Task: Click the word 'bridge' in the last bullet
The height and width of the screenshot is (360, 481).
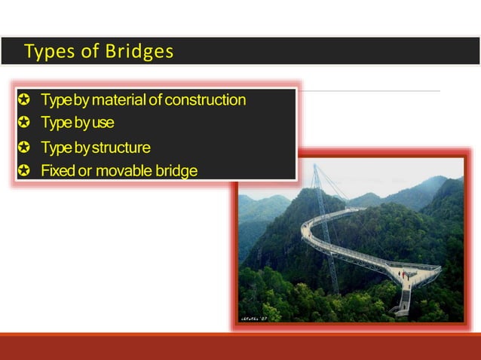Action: point(175,171)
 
